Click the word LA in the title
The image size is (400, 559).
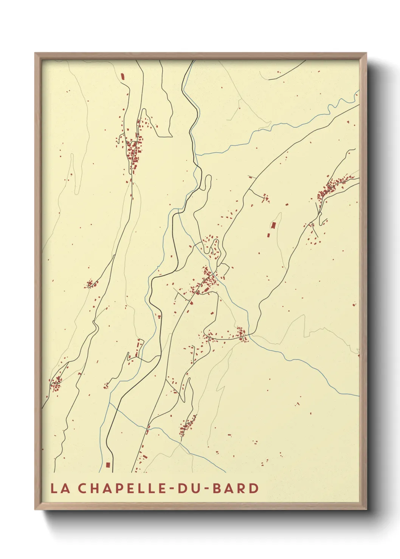(60, 488)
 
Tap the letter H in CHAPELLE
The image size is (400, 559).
(94, 488)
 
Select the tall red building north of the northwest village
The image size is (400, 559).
(122, 77)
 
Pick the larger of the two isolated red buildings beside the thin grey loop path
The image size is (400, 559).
(273, 225)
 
